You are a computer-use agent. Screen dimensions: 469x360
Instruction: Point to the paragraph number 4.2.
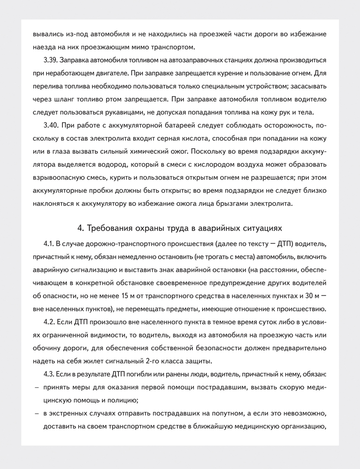pos(49,322)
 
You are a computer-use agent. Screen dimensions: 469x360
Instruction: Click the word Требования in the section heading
pos(110,228)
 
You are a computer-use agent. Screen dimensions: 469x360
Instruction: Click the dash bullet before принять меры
pos(37,387)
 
